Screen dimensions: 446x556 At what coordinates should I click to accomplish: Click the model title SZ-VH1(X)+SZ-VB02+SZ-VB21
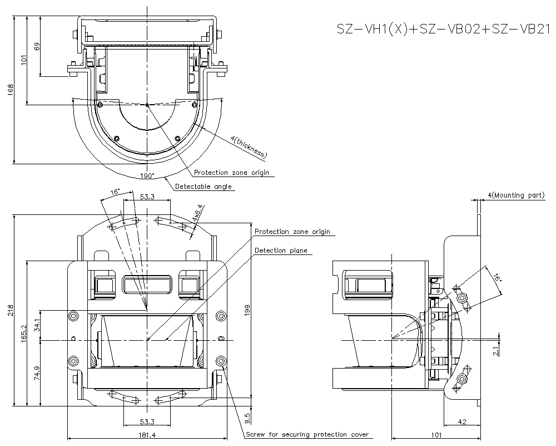click(x=443, y=30)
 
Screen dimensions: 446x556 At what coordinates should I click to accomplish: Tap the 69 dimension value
click(x=37, y=46)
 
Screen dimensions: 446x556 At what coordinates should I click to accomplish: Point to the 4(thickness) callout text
click(x=247, y=146)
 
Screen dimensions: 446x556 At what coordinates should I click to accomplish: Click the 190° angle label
click(x=147, y=176)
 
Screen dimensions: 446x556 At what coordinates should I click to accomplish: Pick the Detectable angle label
click(x=203, y=187)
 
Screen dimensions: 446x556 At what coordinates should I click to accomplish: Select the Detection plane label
click(x=281, y=251)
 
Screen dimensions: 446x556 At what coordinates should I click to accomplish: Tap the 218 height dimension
click(x=10, y=310)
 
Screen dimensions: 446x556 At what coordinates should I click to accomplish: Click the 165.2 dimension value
click(x=23, y=334)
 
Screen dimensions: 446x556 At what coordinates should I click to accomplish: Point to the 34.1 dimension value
click(x=37, y=325)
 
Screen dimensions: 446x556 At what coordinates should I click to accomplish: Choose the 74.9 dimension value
click(x=37, y=372)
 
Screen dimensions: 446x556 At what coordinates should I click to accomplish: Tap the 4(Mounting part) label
click(x=516, y=195)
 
